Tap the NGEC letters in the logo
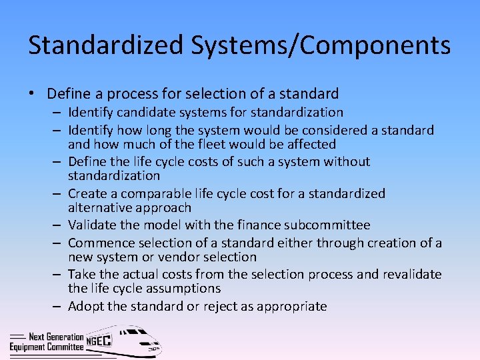(99, 341)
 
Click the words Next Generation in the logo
(56, 337)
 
